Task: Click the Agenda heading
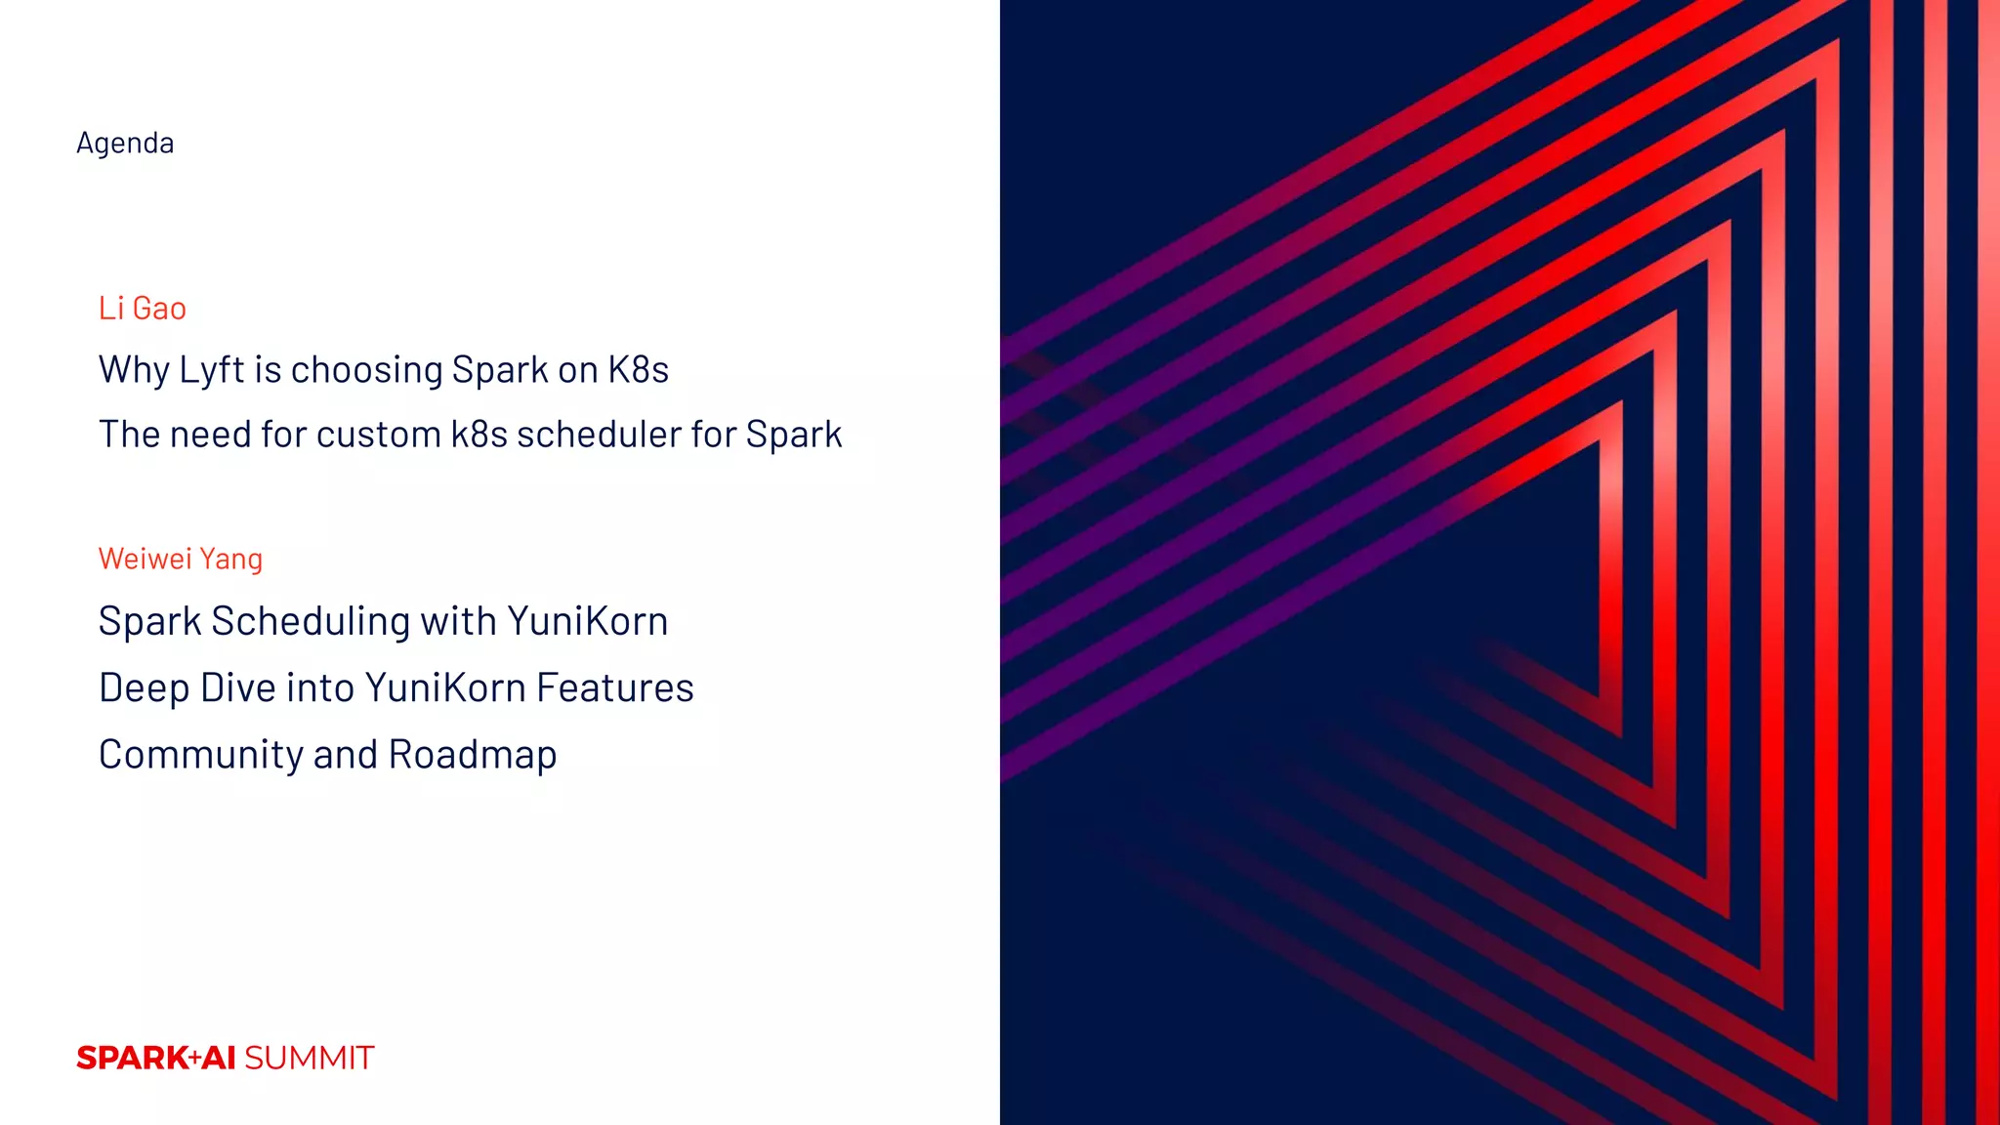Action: point(125,144)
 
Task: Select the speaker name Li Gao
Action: point(143,309)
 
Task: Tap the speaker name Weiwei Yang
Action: point(181,559)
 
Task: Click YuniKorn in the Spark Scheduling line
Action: point(587,622)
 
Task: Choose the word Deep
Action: point(144,688)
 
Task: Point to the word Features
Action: point(615,688)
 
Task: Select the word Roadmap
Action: point(473,755)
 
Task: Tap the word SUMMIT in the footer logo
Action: point(309,1059)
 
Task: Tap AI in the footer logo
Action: point(219,1059)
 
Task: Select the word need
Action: point(210,435)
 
